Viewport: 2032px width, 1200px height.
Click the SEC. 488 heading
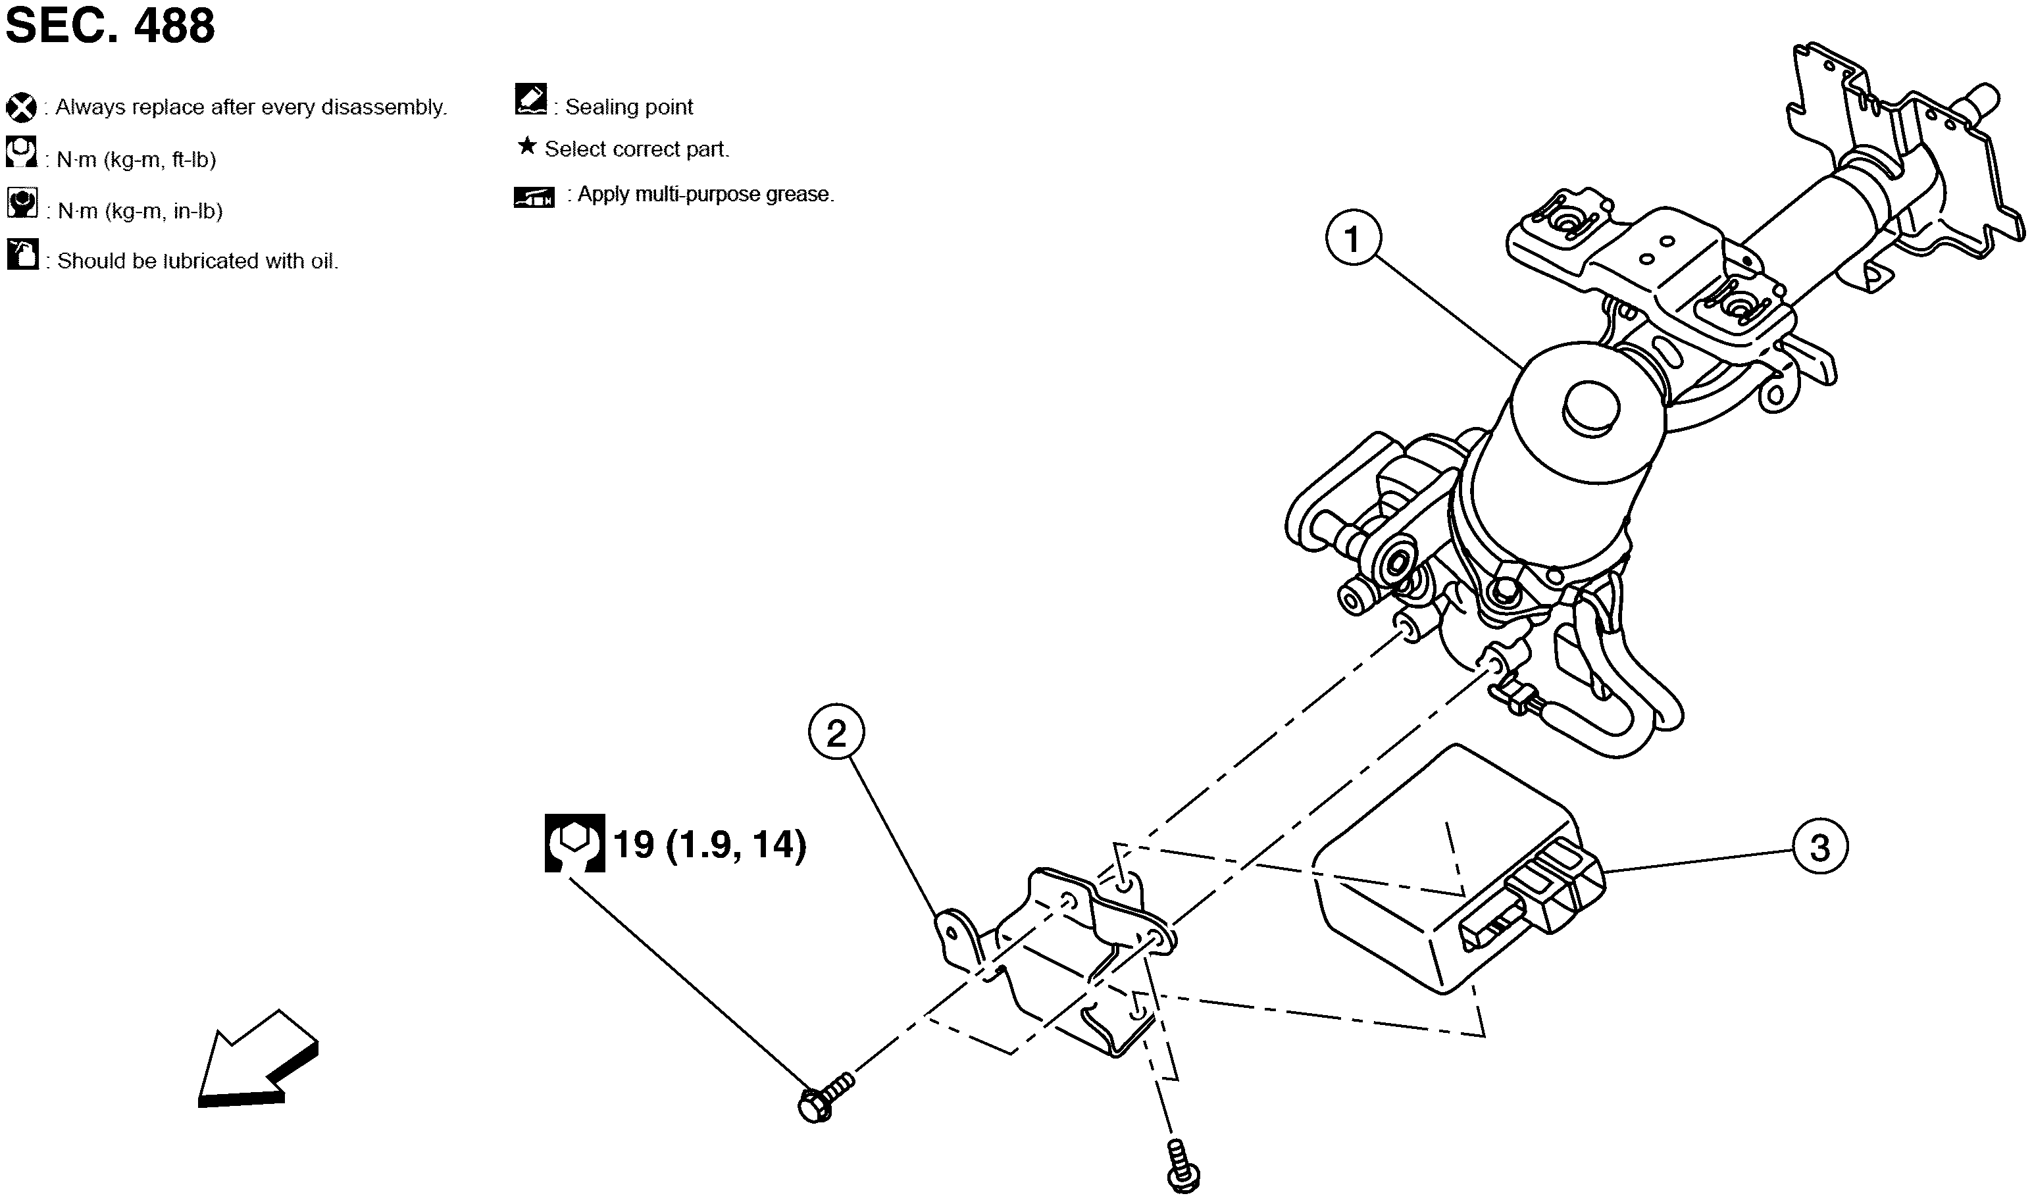point(110,26)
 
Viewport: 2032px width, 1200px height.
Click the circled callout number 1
point(1353,239)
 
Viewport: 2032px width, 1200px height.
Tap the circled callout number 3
point(1819,848)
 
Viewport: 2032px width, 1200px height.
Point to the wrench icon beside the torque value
point(574,843)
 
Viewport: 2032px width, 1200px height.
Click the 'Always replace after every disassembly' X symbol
point(21,107)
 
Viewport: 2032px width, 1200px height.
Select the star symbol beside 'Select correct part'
point(526,146)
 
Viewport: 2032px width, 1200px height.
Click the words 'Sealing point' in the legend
point(628,107)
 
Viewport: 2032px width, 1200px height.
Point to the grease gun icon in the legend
point(534,197)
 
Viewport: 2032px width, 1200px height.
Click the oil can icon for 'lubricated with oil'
point(22,255)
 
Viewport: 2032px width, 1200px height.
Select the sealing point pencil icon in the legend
point(530,99)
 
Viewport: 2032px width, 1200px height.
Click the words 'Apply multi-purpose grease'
point(705,195)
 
